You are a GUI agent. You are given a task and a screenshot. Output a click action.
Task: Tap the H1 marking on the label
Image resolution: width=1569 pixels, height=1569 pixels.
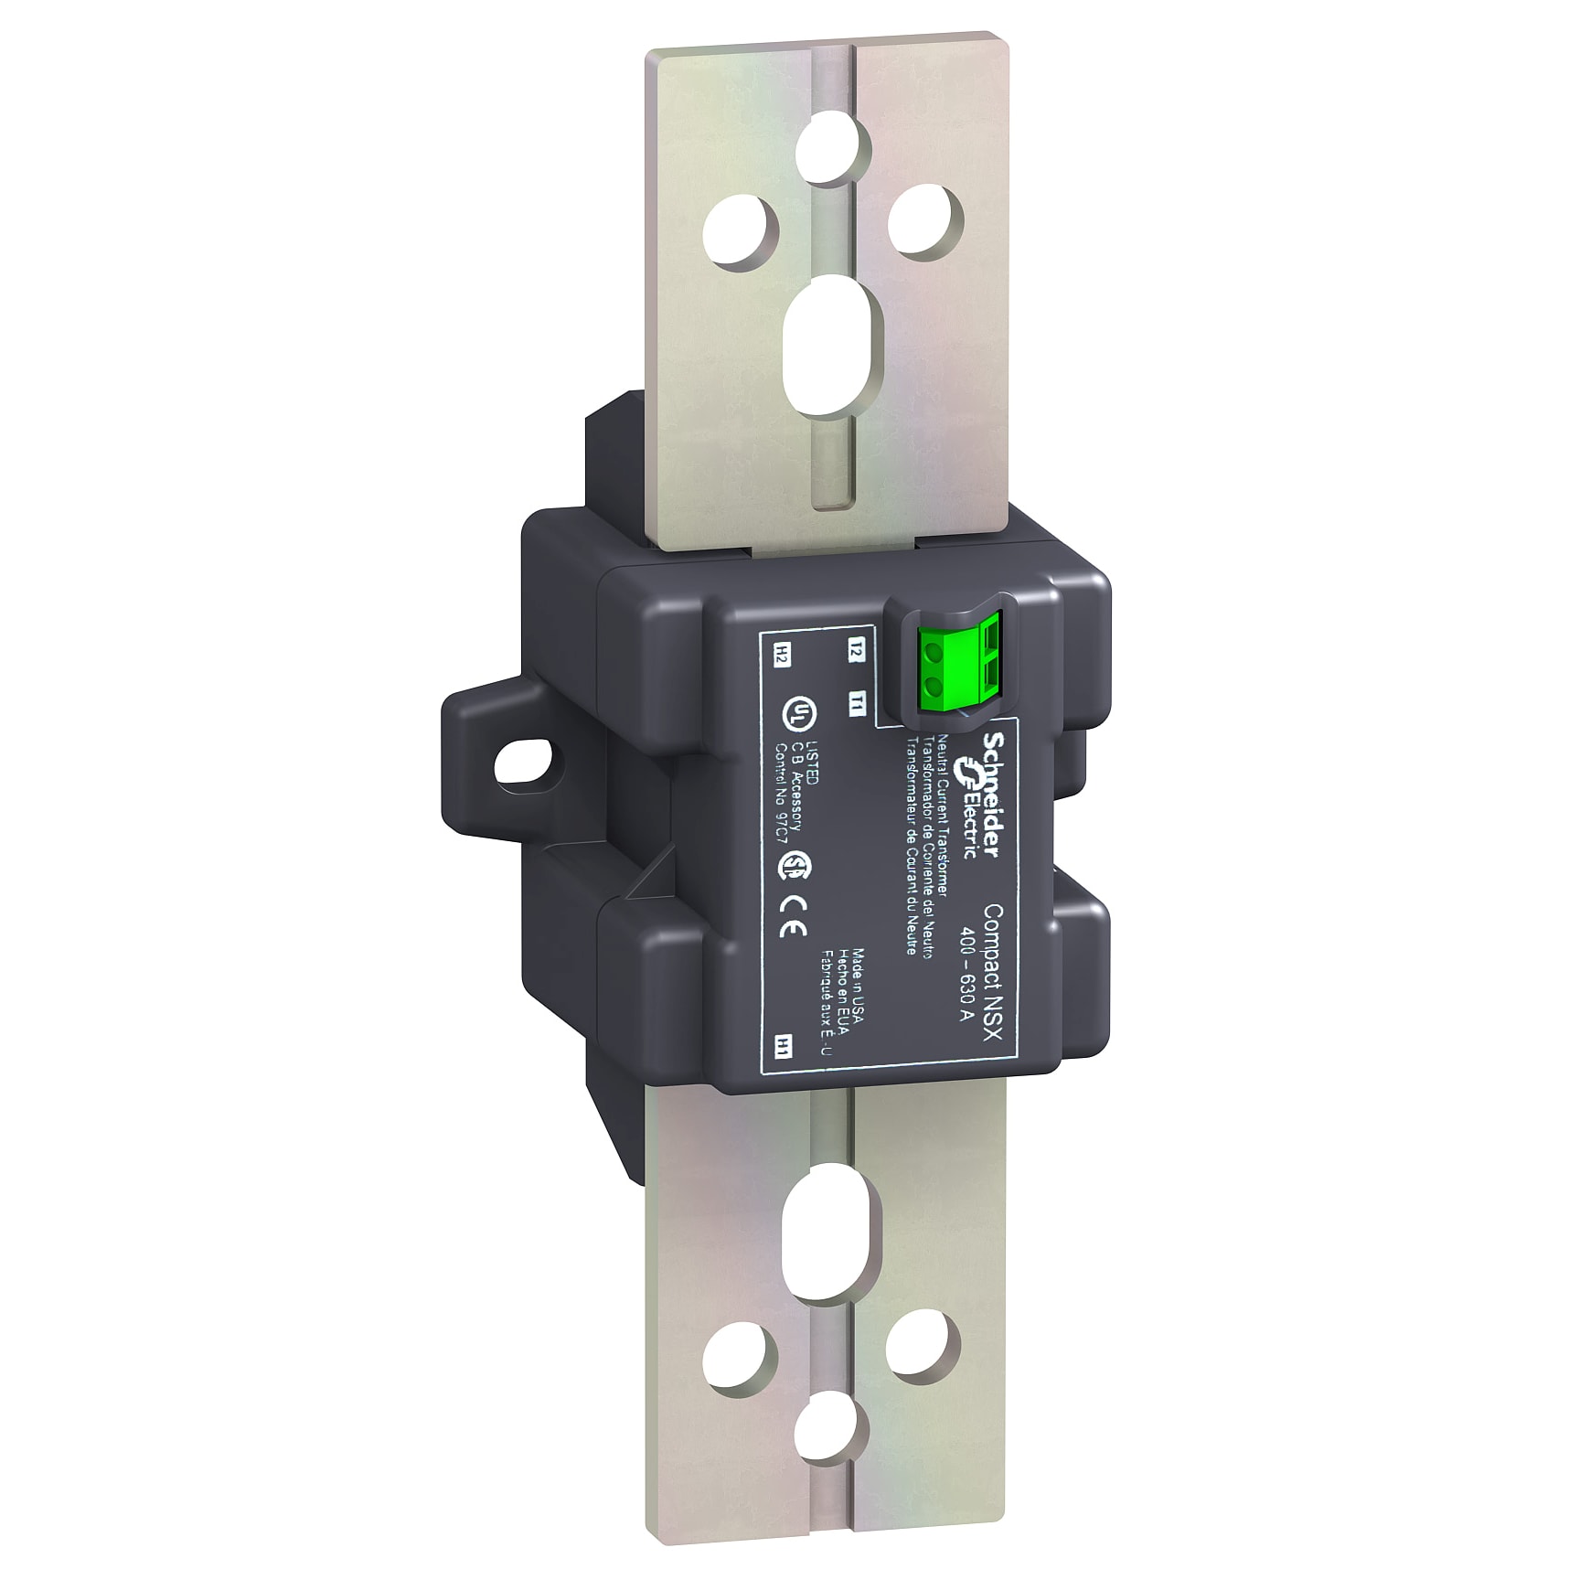click(x=783, y=1047)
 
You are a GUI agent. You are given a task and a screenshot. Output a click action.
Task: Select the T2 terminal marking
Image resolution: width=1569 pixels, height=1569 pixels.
click(x=856, y=651)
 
